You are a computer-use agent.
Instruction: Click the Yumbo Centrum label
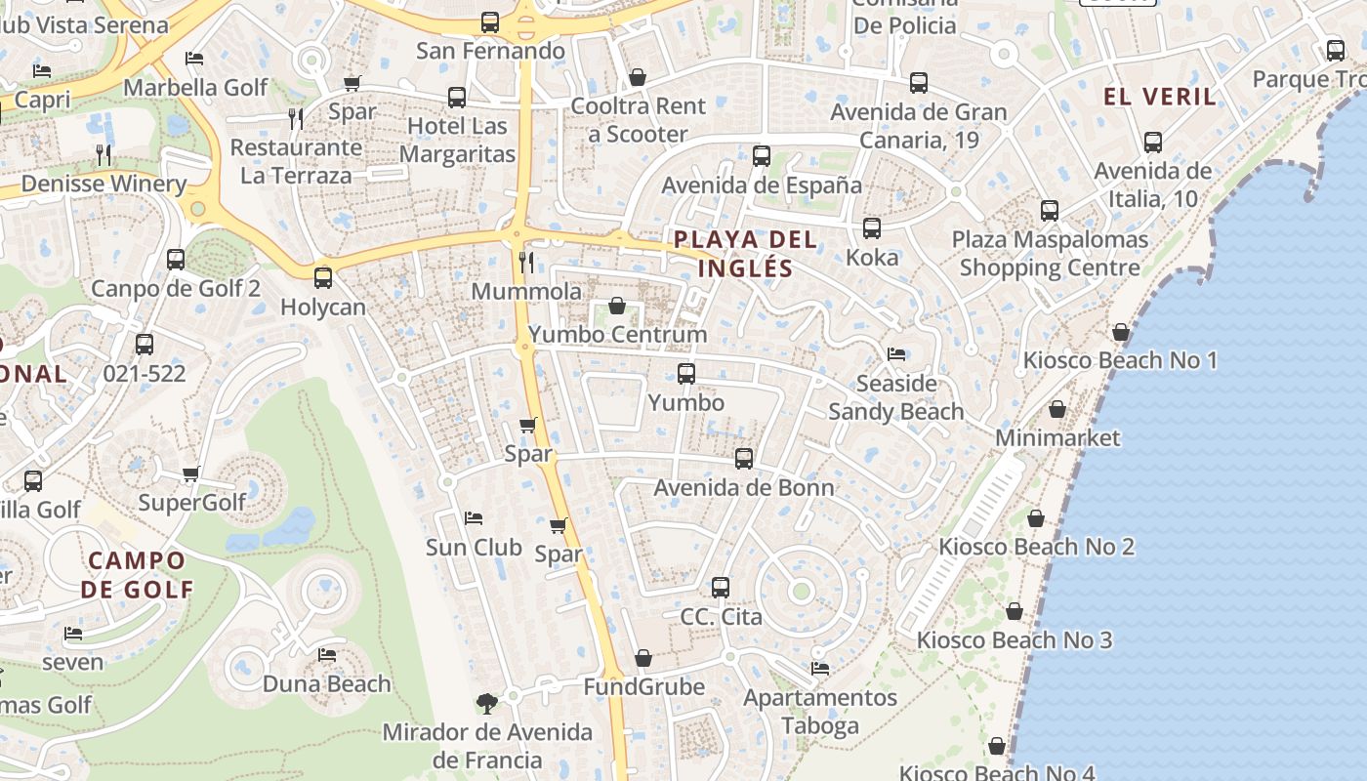[617, 335]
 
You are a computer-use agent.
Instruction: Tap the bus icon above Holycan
[323, 277]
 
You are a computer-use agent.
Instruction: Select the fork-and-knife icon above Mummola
[526, 262]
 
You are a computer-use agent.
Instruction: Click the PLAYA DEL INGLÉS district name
[745, 254]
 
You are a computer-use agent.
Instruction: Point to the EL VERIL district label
[1160, 97]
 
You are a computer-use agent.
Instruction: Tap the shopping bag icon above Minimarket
[1056, 409]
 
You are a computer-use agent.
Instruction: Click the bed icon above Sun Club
[474, 518]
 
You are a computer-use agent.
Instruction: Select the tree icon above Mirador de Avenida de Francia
[486, 703]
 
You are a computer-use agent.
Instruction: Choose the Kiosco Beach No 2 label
[1036, 547]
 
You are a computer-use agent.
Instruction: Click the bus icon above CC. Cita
[721, 588]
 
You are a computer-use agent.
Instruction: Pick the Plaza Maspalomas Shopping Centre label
[1050, 253]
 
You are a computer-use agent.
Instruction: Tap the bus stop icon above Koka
[872, 228]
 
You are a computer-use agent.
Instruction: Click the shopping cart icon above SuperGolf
[191, 474]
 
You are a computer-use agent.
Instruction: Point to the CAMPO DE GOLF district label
[137, 575]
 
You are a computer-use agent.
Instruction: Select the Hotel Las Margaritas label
[457, 140]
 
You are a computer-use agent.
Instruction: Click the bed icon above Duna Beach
[327, 655]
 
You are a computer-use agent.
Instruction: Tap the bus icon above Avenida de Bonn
[744, 459]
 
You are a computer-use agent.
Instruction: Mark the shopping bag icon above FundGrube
[642, 659]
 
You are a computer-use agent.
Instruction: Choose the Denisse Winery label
[104, 184]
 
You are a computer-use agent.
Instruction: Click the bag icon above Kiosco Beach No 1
[1121, 332]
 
